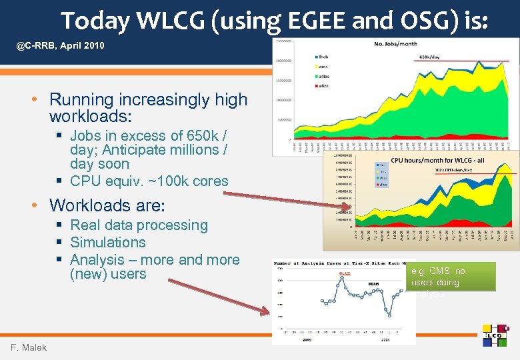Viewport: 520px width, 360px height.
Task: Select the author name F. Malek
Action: [x=29, y=347]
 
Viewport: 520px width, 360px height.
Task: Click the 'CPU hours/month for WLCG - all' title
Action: [x=437, y=161]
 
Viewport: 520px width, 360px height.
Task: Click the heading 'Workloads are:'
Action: [x=107, y=204]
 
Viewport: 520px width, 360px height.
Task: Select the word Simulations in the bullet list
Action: [x=107, y=243]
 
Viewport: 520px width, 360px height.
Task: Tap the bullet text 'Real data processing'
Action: [x=139, y=225]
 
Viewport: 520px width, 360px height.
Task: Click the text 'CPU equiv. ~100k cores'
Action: [x=149, y=181]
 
